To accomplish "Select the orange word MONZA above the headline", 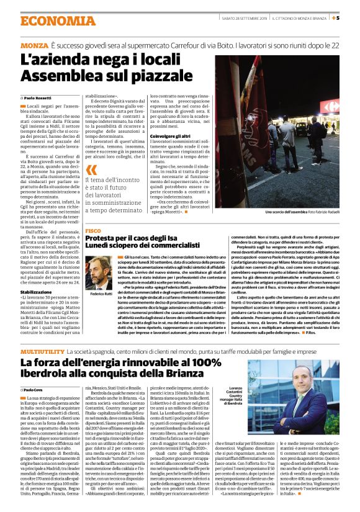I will pyautogui.click(x=34, y=45).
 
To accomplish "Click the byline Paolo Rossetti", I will pyautogui.click(x=39, y=99).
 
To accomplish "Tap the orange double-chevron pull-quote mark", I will pyautogui.click(x=92, y=169).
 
